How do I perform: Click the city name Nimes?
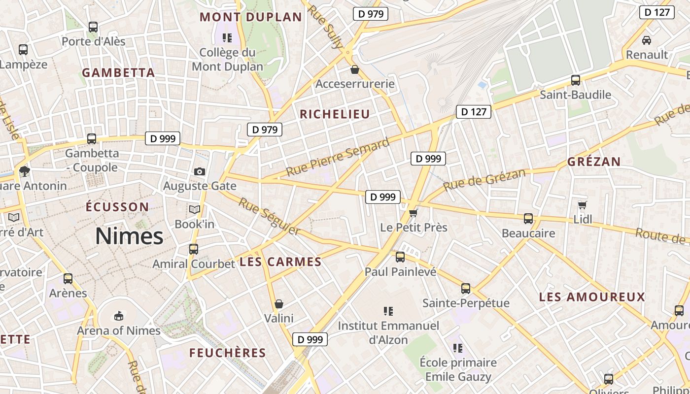[x=129, y=236]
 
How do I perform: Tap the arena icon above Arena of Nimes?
[x=118, y=315]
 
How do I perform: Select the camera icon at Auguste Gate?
[x=200, y=171]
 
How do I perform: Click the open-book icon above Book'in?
[x=195, y=210]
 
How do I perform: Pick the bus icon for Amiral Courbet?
[x=194, y=249]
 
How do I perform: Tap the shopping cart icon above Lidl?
[x=583, y=205]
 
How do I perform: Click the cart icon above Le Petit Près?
[x=414, y=213]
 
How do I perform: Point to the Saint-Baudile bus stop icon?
[x=575, y=80]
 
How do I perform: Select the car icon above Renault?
[x=647, y=40]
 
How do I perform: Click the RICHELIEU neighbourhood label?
[x=335, y=114]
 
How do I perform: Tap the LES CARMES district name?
[x=280, y=262]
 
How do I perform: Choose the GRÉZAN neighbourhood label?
[x=594, y=162]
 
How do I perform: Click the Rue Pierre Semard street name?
[x=338, y=158]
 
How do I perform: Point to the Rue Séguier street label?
[x=270, y=216]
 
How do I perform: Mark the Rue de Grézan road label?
[x=484, y=180]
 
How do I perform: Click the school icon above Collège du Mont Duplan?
[x=227, y=37]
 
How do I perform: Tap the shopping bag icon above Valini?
[x=279, y=304]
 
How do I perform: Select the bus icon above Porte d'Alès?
[x=93, y=27]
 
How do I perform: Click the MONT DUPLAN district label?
[x=250, y=17]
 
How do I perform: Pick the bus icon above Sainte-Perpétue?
[x=466, y=289]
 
